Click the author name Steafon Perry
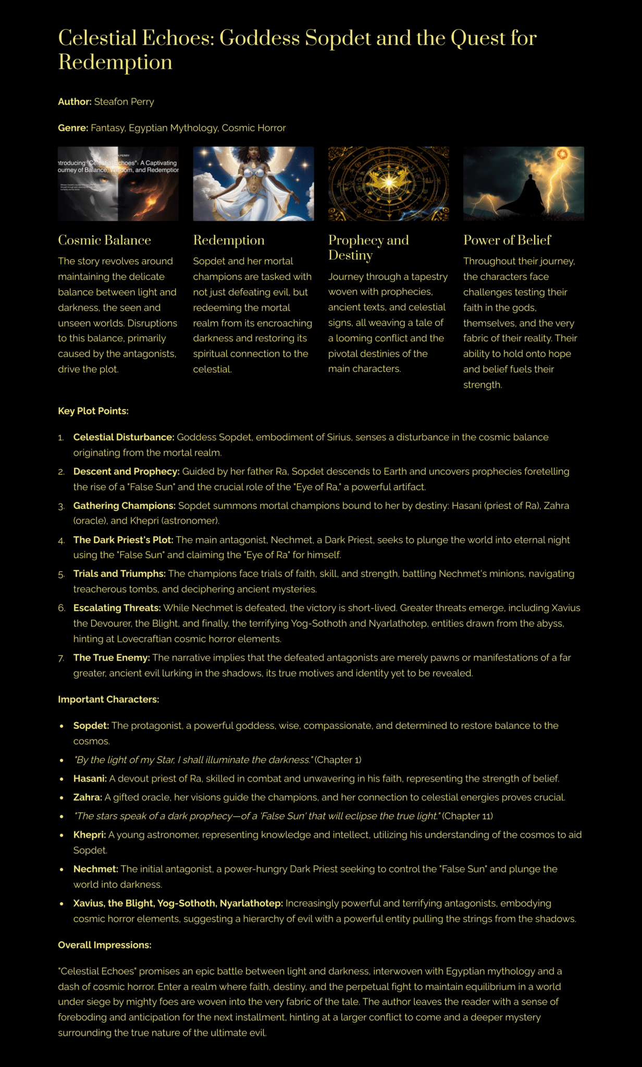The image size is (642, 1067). coord(124,102)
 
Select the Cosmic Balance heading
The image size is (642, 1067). coord(104,240)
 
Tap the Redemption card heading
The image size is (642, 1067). coord(229,240)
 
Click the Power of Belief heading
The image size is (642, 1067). coord(507,240)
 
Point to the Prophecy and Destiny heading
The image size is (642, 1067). coord(368,247)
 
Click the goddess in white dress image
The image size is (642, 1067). coord(253,183)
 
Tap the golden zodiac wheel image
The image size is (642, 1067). coord(388,183)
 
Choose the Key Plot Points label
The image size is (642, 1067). coord(93,411)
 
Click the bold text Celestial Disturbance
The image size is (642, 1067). coord(124,437)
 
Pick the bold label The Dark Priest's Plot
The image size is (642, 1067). coord(123,540)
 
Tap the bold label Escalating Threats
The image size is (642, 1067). coord(117,608)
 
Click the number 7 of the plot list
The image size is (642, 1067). coord(61,658)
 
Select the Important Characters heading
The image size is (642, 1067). coord(108,700)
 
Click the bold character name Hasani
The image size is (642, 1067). coord(90,779)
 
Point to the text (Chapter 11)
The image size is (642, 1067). coord(467,816)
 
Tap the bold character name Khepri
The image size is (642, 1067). coord(89,835)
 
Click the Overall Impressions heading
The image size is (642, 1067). coord(105,945)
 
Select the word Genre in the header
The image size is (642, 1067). coord(72,128)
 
